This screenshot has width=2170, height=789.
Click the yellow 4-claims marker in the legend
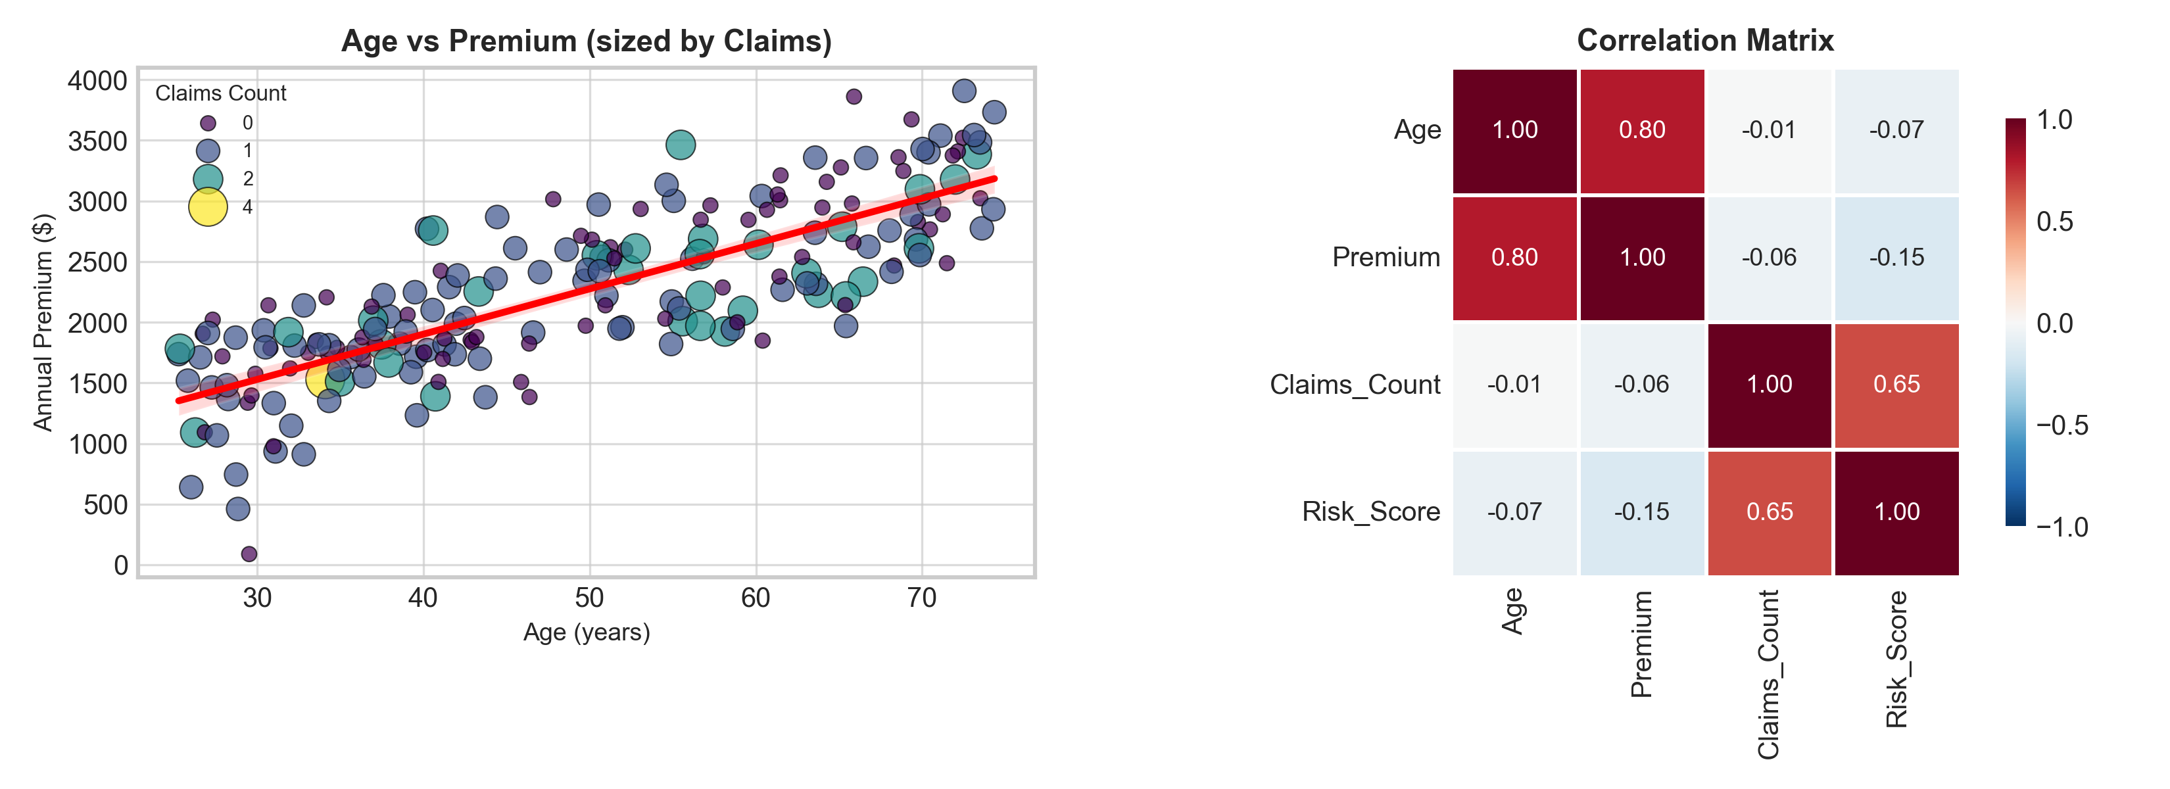click(207, 207)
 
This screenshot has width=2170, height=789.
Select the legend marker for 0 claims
click(207, 123)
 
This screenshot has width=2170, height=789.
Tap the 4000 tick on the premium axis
click(97, 81)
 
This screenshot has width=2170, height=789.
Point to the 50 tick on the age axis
click(589, 598)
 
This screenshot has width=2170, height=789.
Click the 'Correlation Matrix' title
click(1705, 40)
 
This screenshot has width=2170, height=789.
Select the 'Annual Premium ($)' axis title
click(42, 323)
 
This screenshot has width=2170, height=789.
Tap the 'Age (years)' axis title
click(587, 632)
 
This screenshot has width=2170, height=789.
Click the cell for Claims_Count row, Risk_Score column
click(1896, 385)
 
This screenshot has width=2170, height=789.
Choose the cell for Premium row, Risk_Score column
click(1896, 258)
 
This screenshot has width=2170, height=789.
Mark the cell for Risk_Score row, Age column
click(1514, 512)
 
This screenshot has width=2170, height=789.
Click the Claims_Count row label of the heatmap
click(1355, 385)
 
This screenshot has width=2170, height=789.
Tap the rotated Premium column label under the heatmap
click(1642, 644)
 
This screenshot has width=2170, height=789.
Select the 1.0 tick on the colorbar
click(2054, 120)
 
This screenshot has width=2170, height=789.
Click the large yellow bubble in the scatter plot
click(320, 378)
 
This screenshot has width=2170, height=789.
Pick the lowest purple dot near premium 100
click(249, 554)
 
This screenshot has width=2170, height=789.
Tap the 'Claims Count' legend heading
click(221, 93)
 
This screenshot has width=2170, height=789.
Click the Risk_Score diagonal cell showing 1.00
click(1896, 512)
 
